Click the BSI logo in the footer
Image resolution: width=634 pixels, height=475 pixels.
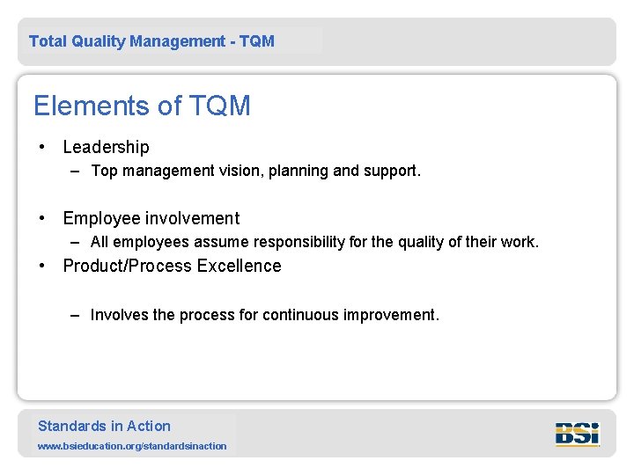(577, 434)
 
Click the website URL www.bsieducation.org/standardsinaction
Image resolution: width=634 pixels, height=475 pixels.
(132, 446)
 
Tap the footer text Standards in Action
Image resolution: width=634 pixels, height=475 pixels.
(104, 426)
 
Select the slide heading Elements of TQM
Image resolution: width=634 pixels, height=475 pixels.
(142, 106)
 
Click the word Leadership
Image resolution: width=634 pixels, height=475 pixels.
(106, 147)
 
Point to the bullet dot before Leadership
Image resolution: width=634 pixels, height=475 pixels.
(41, 147)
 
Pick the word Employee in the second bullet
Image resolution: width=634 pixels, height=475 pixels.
(100, 218)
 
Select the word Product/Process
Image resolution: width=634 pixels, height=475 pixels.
(128, 266)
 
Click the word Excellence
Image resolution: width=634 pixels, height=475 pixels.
(240, 266)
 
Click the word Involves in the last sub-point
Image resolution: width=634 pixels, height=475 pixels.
(119, 315)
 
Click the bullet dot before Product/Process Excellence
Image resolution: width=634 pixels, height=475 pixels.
(41, 266)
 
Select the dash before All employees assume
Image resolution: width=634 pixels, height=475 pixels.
(77, 242)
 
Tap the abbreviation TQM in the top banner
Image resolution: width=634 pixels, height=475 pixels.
(256, 41)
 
